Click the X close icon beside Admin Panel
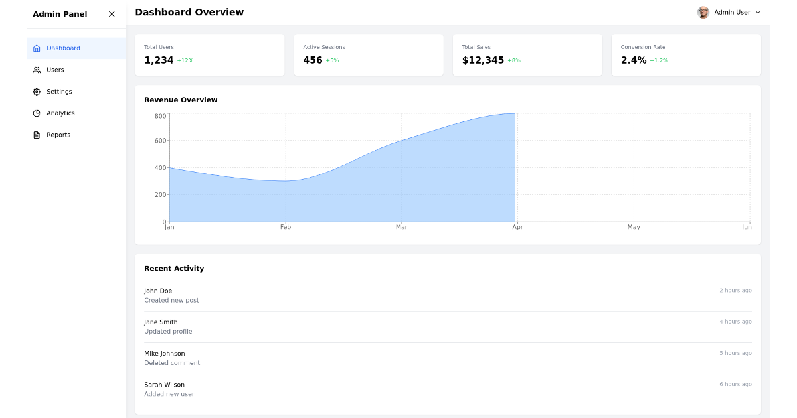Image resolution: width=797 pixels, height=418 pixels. coord(112,14)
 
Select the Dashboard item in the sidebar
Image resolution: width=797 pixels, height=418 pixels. coord(63,48)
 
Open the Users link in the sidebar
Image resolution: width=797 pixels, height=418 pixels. coord(55,70)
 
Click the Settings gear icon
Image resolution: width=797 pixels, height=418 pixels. coord(37,92)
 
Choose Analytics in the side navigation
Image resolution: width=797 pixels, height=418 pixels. coord(60,113)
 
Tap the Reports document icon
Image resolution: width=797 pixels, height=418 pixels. coord(37,135)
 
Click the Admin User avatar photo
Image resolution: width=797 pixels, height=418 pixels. coord(703,13)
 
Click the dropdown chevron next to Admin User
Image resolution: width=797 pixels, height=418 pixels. coord(758,13)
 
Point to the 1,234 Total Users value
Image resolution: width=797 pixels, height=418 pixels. coord(159,60)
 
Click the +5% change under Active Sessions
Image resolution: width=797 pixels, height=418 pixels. coord(332,61)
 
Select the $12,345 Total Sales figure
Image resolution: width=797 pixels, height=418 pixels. coord(483,60)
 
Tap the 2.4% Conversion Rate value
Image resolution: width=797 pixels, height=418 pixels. coord(634,60)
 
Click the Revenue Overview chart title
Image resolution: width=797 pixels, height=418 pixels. coord(181,100)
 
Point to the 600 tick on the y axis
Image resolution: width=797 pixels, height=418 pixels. coord(160,141)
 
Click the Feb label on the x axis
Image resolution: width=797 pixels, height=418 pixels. coord(286,227)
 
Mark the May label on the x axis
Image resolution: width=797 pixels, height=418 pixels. coord(634,227)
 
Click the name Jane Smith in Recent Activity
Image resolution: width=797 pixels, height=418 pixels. coord(161,322)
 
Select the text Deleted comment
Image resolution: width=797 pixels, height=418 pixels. coord(172,363)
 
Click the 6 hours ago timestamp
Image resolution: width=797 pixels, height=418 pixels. coord(735,385)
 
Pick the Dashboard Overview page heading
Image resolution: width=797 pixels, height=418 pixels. coord(189,12)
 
